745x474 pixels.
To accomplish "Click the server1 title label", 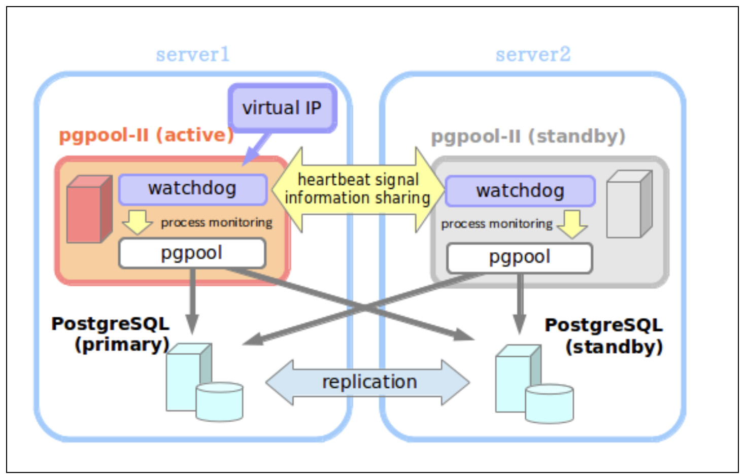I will click(192, 54).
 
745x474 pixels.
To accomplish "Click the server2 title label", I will click(533, 54).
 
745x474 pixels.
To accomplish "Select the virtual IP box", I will click(282, 108).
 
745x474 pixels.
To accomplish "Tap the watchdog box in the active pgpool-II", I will click(192, 189).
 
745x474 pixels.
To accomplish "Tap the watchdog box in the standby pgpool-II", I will click(520, 191).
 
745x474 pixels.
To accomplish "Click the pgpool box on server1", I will click(192, 253).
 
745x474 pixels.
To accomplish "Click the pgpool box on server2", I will click(519, 257).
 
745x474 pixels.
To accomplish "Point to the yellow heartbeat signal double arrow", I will click(358, 189).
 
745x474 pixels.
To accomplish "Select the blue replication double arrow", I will click(368, 382).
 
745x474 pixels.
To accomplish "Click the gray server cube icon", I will click(629, 204).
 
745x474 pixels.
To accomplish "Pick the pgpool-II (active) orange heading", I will click(146, 136).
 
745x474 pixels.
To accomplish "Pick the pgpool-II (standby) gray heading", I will click(528, 137).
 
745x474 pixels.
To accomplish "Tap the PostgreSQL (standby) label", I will click(604, 335).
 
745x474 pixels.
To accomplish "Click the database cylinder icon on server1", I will click(219, 401).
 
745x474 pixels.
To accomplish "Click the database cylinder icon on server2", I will click(549, 403).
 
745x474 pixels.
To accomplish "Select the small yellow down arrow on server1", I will click(137, 222).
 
